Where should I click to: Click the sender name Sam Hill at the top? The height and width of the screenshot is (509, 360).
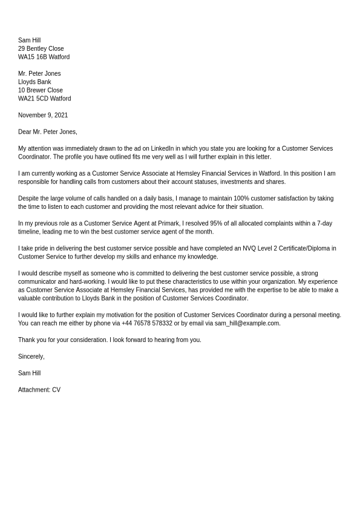click(x=29, y=41)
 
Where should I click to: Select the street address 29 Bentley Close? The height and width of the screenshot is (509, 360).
click(x=41, y=49)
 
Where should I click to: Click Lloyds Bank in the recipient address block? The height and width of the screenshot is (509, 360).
click(x=34, y=82)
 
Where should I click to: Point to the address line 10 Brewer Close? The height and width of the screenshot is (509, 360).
click(x=40, y=91)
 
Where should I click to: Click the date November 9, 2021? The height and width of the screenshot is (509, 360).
click(x=43, y=116)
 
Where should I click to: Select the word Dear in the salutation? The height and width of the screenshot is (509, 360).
click(x=25, y=132)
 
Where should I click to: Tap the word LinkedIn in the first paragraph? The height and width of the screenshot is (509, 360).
click(x=162, y=149)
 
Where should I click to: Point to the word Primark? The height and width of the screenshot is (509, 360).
click(x=167, y=223)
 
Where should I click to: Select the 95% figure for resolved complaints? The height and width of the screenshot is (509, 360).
click(x=216, y=223)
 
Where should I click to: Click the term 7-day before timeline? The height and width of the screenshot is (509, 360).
click(x=322, y=223)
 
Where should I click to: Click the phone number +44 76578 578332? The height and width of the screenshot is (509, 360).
click(x=146, y=324)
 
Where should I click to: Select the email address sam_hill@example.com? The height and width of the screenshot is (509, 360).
click(x=247, y=324)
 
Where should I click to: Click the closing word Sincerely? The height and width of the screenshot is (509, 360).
click(x=31, y=357)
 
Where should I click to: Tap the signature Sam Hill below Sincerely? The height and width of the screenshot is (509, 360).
click(x=29, y=373)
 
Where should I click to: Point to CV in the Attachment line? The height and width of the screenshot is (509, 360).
click(x=56, y=390)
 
